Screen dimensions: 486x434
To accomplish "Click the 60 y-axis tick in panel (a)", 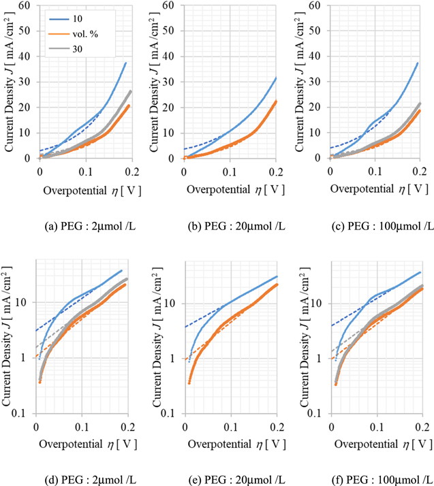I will coord(27,6).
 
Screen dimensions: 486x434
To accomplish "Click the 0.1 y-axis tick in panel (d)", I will coord(24,413).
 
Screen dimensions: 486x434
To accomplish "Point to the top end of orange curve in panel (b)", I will coord(275,101).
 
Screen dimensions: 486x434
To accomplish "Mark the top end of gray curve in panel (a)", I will coord(130,91).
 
